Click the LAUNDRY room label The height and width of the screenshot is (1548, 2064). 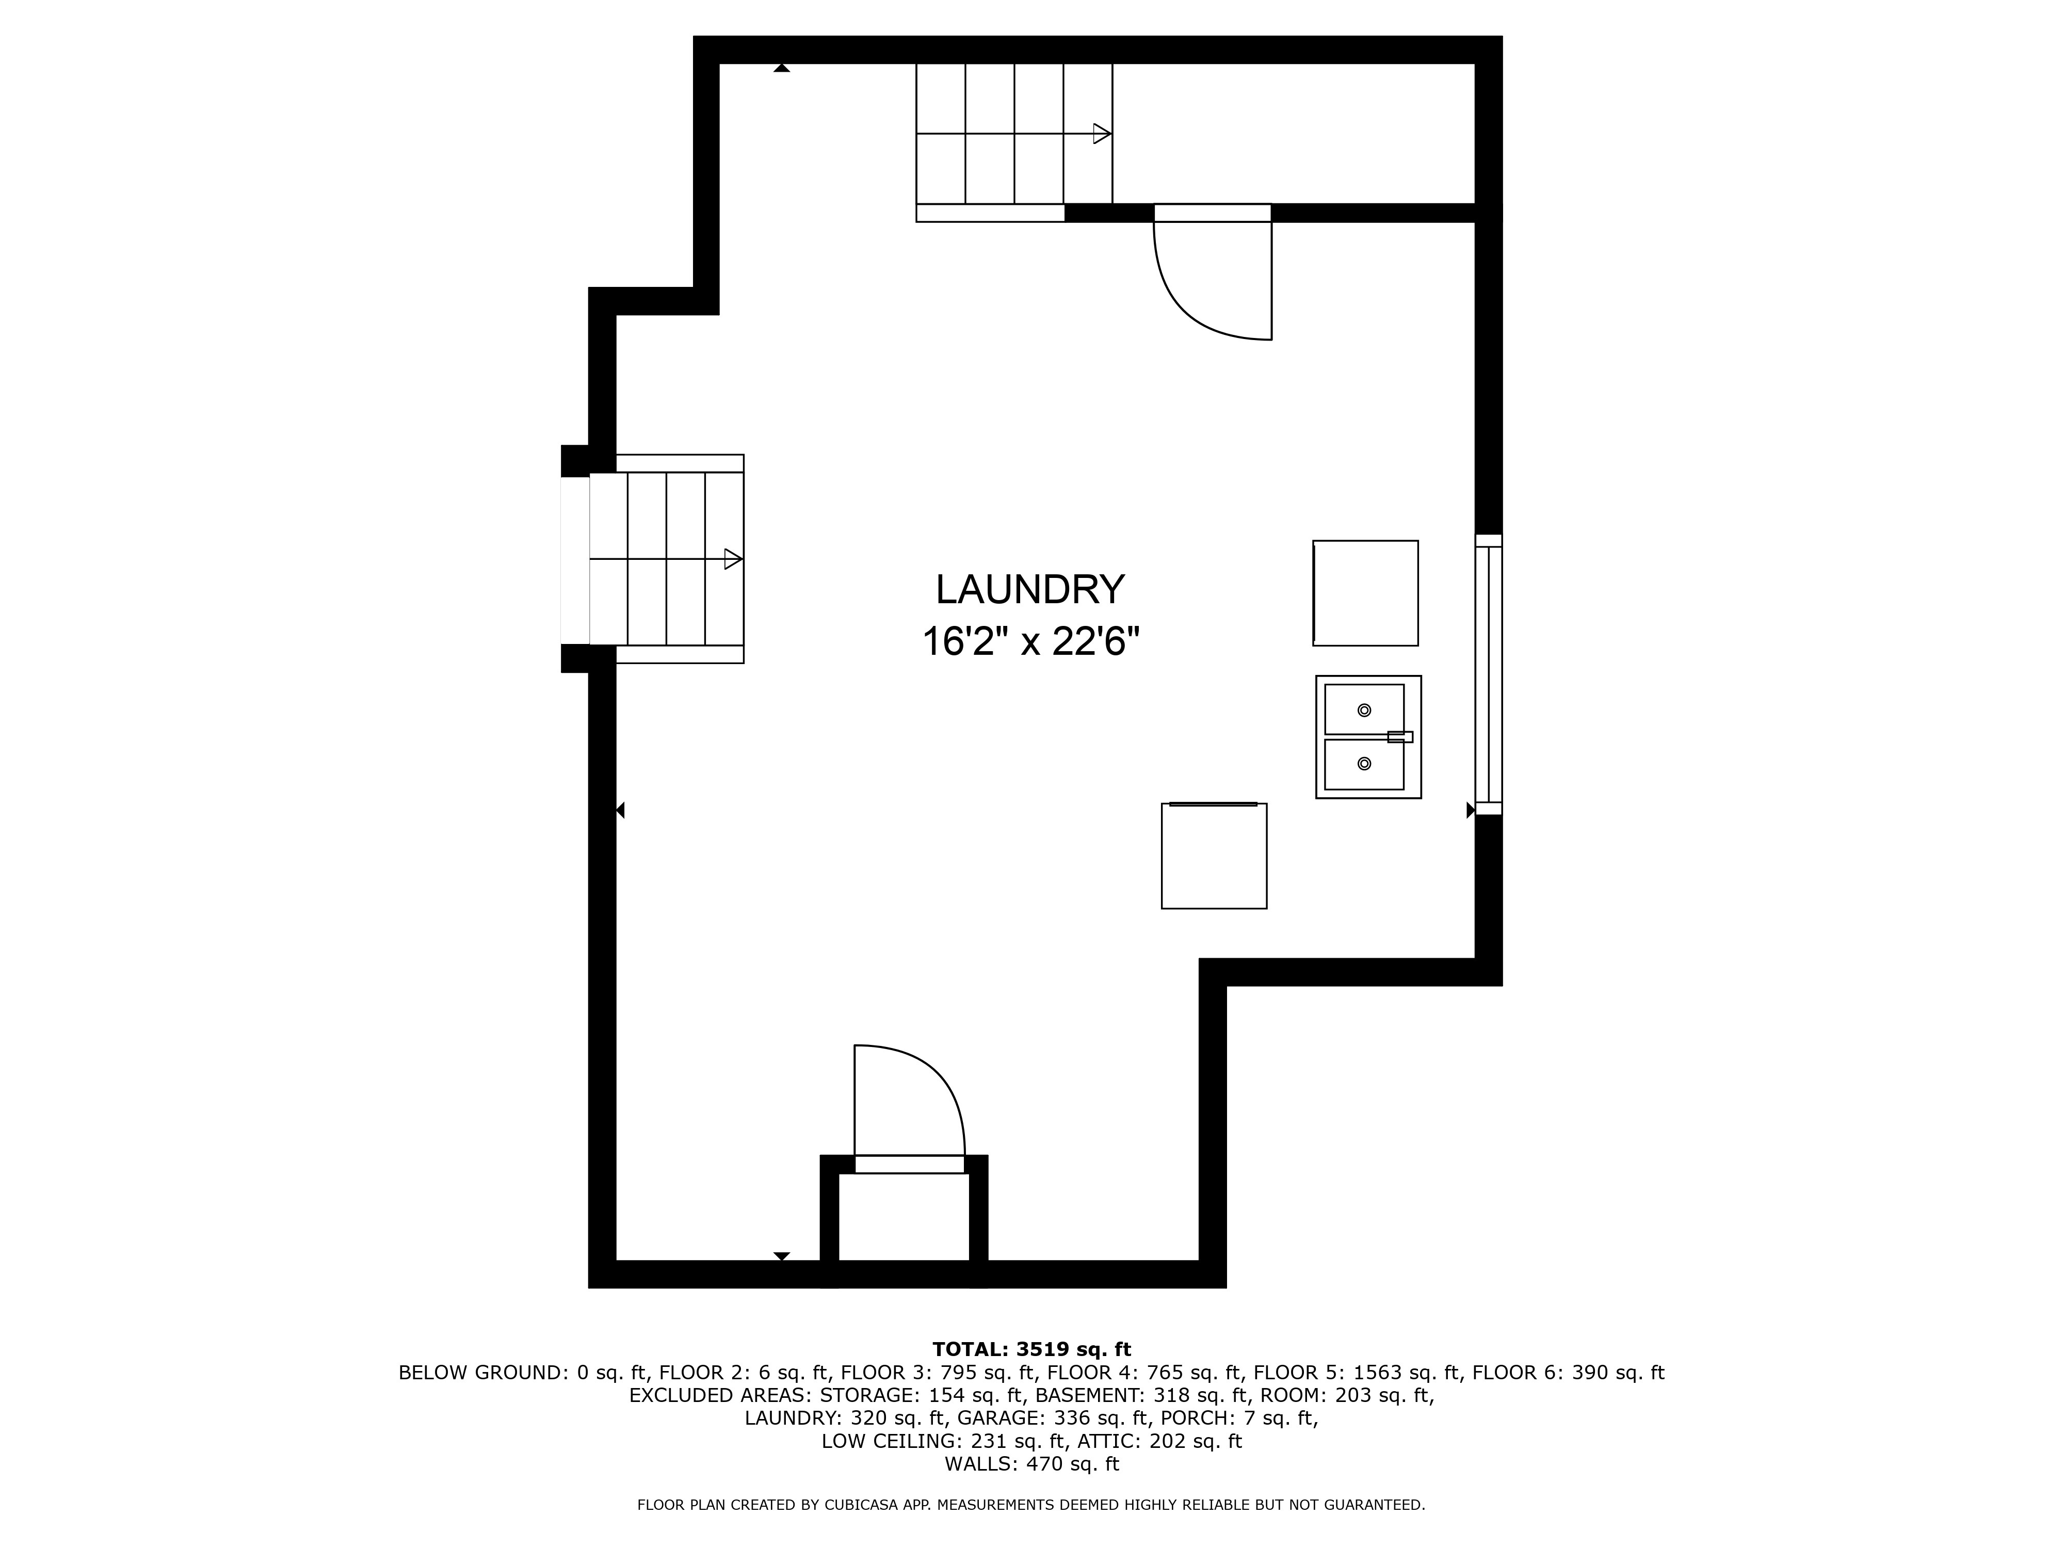pyautogui.click(x=1030, y=590)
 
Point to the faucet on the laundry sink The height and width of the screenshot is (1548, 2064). pyautogui.click(x=1399, y=737)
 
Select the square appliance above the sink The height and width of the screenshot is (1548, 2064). pyautogui.click(x=1365, y=593)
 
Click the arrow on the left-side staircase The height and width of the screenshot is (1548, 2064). pyautogui.click(x=733, y=559)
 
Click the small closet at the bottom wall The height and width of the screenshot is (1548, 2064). pyautogui.click(x=903, y=1216)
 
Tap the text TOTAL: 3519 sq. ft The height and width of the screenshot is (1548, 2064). pyautogui.click(x=1031, y=1349)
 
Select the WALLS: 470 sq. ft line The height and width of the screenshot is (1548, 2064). pyautogui.click(x=1031, y=1464)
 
